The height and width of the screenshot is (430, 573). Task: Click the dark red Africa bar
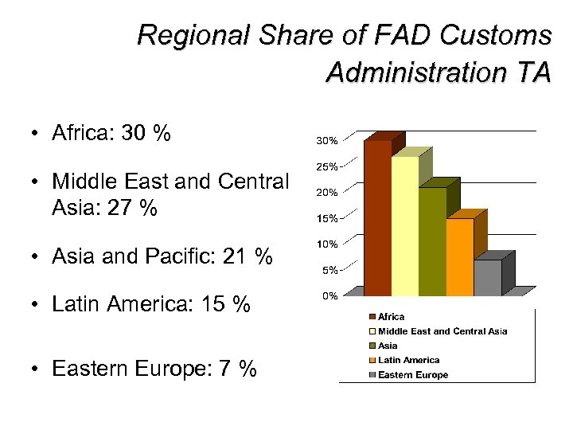(x=377, y=218)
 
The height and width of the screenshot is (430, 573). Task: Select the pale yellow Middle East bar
(x=404, y=226)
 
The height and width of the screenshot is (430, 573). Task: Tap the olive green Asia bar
(x=432, y=242)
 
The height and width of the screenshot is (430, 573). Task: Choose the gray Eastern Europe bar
(x=487, y=278)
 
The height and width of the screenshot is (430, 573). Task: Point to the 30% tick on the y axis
(x=327, y=141)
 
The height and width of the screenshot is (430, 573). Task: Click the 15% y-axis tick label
(x=327, y=218)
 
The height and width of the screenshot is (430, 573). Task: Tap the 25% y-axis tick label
(x=327, y=166)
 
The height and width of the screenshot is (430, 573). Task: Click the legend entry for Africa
(x=391, y=317)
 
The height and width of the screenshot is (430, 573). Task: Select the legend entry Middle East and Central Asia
(x=442, y=331)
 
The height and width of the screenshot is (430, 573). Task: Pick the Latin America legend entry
(x=408, y=360)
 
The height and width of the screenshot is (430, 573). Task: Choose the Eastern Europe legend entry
(x=413, y=374)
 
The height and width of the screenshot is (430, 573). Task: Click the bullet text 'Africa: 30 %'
(x=111, y=133)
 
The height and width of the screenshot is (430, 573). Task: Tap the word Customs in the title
(x=502, y=36)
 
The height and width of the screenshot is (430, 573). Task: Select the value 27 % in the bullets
(x=136, y=209)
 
